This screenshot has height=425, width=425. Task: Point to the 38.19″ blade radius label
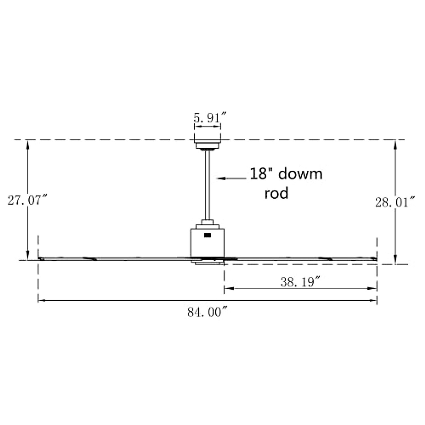click(300, 282)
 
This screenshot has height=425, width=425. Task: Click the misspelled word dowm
click(301, 174)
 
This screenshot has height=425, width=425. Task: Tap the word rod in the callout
click(276, 193)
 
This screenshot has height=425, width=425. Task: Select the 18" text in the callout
click(261, 174)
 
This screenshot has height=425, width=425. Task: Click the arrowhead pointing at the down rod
click(220, 178)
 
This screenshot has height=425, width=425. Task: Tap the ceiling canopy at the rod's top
click(208, 145)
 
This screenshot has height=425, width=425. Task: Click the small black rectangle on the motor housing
click(208, 234)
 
